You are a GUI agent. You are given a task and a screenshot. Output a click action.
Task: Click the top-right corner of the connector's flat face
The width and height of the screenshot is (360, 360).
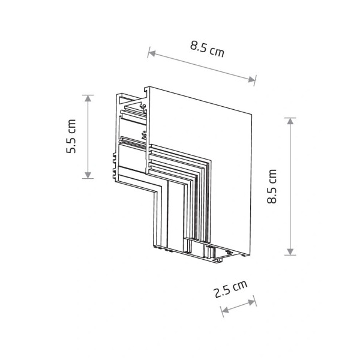pos(253,112)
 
